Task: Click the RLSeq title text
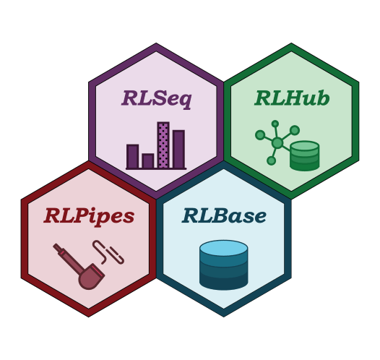click(x=157, y=99)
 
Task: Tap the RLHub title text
click(x=292, y=98)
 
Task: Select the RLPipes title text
click(x=89, y=216)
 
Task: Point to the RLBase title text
click(x=224, y=215)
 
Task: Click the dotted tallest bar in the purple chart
click(x=163, y=145)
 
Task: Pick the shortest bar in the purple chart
click(x=148, y=160)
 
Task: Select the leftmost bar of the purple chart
click(x=132, y=156)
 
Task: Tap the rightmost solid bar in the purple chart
click(x=178, y=149)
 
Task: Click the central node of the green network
click(x=277, y=143)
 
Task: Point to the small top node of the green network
click(x=275, y=124)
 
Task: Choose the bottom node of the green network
click(x=271, y=160)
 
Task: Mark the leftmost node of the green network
click(x=260, y=134)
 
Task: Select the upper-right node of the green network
click(x=295, y=130)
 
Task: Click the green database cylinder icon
click(x=304, y=155)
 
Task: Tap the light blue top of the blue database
click(x=224, y=248)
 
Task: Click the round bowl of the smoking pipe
click(x=88, y=279)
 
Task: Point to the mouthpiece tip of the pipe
click(x=55, y=246)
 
